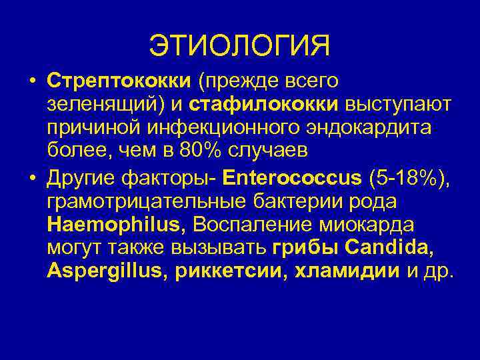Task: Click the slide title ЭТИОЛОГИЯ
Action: [239, 46]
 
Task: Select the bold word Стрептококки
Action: [118, 81]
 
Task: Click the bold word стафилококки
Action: [265, 104]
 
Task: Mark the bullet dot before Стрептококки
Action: [31, 82]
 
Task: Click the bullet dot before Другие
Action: [31, 178]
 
